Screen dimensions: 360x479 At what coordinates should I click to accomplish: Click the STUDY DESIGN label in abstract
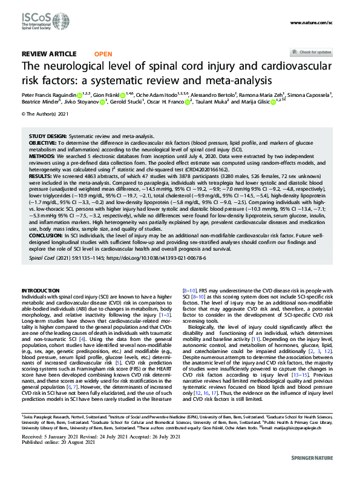[x=49, y=136]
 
